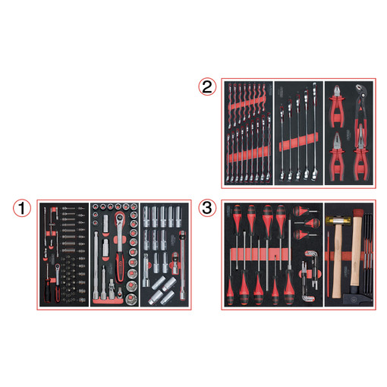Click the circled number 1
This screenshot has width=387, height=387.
[x=22, y=208]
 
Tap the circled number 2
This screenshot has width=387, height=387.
[x=207, y=87]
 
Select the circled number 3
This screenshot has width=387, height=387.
[x=207, y=208]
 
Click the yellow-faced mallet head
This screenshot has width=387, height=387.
[x=338, y=221]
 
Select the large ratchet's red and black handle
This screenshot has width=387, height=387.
[x=120, y=267]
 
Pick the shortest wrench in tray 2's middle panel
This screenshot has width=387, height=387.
[x=282, y=143]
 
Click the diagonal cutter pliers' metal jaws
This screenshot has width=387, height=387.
[x=336, y=93]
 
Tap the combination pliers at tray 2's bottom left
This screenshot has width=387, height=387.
[x=336, y=157]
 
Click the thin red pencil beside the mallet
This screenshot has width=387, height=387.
[x=328, y=264]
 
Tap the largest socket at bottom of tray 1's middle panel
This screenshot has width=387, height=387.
[x=131, y=299]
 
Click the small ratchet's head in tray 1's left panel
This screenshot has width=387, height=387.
[x=58, y=266]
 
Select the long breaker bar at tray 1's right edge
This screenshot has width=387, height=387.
[x=182, y=266]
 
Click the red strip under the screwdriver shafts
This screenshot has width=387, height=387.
[x=260, y=254]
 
